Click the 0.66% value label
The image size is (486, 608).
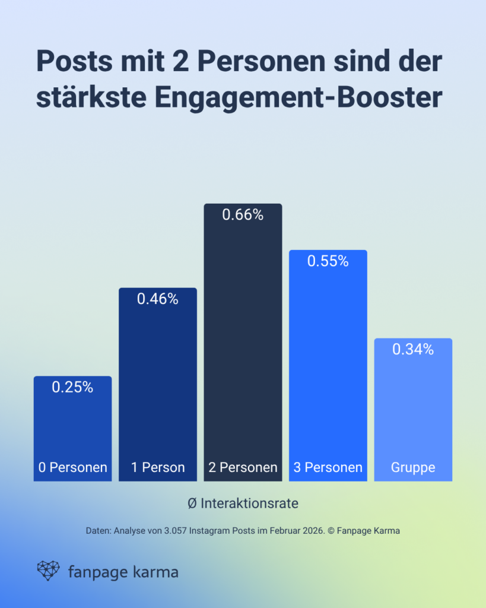243,215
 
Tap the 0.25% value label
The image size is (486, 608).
72,387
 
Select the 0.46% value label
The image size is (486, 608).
158,299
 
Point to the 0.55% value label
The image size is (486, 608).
328,261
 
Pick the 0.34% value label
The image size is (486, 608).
413,350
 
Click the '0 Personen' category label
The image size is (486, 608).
72,468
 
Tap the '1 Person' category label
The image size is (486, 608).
158,468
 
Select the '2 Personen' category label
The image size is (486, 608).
243,468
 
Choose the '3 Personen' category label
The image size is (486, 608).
328,468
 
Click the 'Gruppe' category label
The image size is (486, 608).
413,468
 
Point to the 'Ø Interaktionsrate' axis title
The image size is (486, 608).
243,503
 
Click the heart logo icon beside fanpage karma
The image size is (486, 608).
48,571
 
